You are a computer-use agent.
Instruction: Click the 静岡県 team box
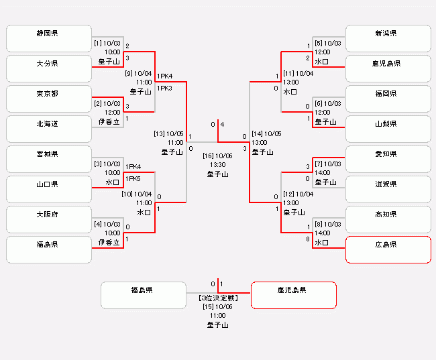coord(48,38)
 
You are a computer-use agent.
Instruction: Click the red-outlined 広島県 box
coord(388,249)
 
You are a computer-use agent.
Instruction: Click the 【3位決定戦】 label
coord(218,297)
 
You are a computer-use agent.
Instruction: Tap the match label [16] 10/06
coord(218,156)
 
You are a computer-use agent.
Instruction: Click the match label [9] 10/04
coord(139,74)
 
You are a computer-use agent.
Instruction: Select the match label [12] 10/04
coord(298,194)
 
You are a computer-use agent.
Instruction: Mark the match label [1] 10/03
coord(107,43)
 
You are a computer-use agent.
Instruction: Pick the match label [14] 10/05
coord(266,133)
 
